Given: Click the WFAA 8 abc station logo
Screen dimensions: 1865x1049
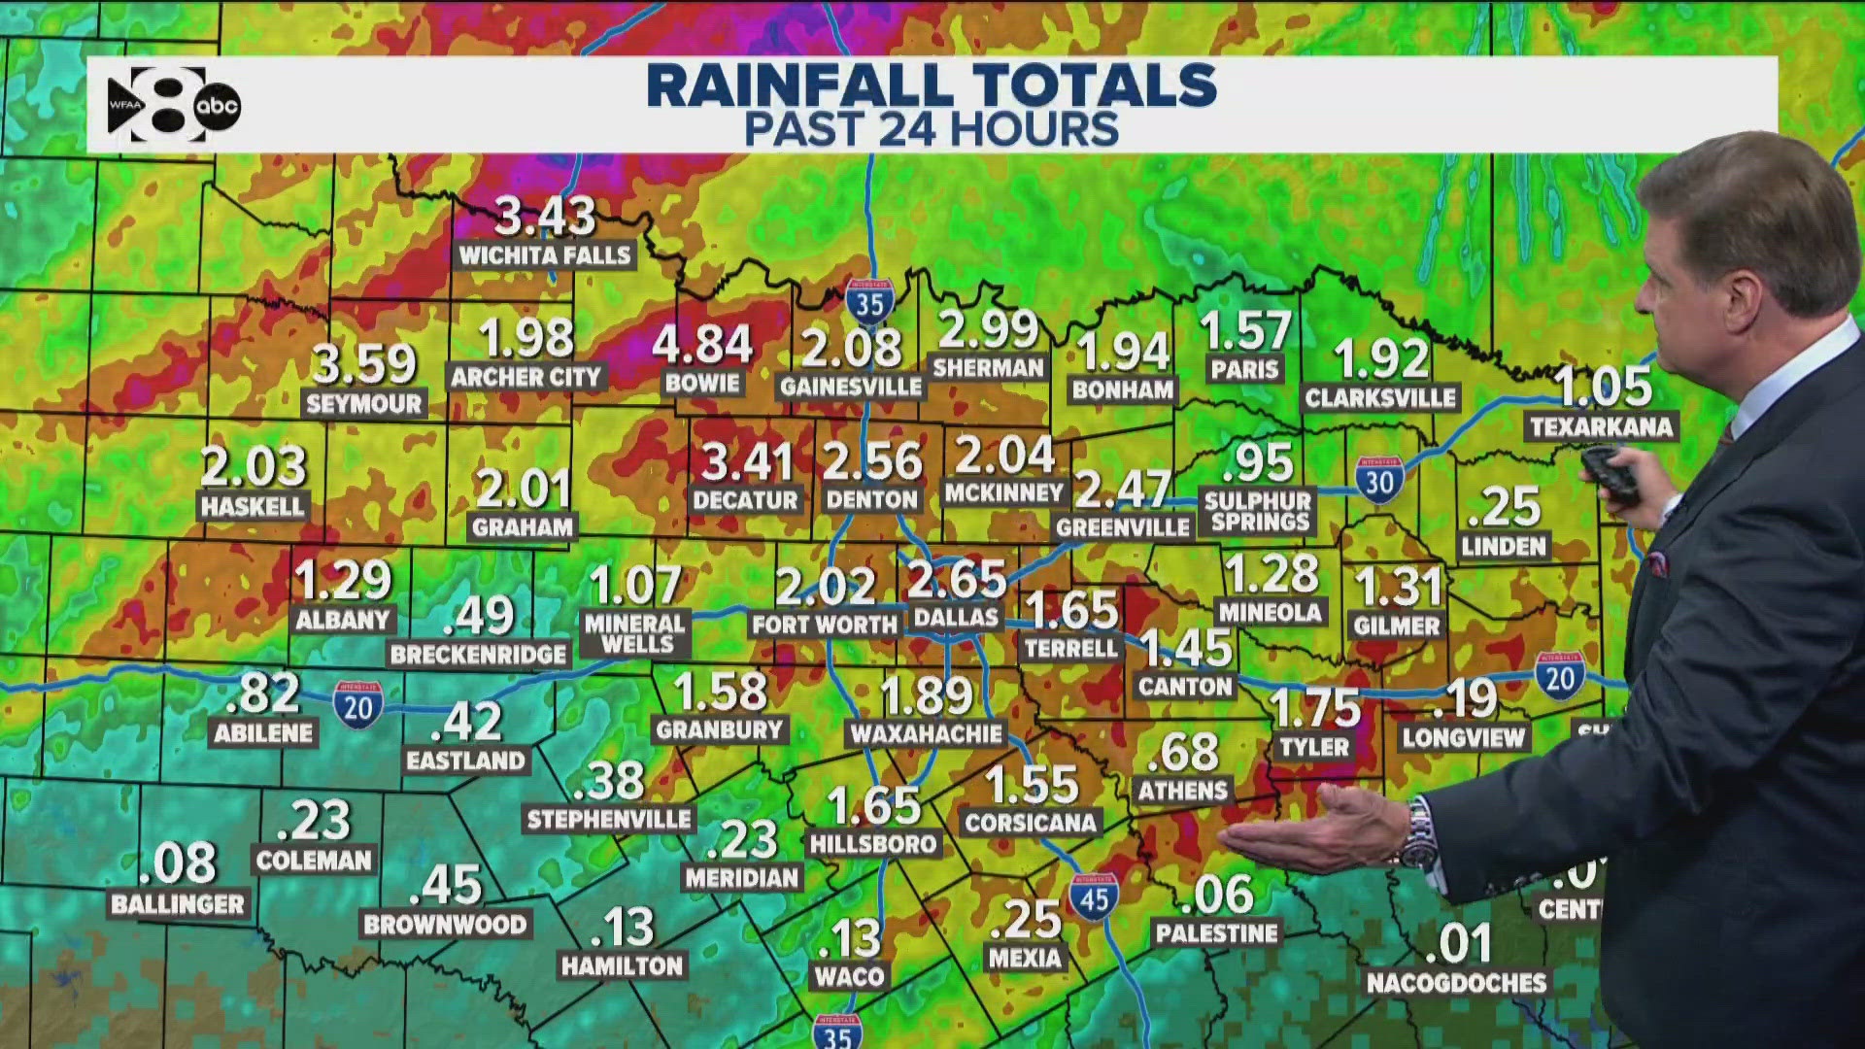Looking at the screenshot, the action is click(x=174, y=105).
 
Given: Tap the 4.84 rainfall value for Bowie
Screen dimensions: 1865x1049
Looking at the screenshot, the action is click(x=701, y=345).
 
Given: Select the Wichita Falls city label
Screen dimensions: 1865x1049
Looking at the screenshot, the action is click(x=545, y=255).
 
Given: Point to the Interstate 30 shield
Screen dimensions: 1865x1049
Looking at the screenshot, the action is click(x=1379, y=480).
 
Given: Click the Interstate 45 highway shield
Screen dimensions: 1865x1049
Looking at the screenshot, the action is click(x=1094, y=897).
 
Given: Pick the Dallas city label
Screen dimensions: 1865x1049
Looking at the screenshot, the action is click(x=956, y=617).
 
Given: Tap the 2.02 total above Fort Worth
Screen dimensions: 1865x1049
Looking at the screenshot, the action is click(x=826, y=587).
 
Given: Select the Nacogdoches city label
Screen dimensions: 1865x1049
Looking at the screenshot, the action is click(x=1456, y=983).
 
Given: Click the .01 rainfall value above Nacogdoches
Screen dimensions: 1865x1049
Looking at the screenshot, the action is click(x=1464, y=942).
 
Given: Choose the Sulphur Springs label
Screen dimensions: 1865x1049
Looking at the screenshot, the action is click(x=1259, y=512).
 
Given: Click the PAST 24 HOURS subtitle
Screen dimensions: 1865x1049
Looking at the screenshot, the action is click(x=932, y=130).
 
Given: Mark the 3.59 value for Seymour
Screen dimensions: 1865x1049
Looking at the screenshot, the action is click(x=364, y=364).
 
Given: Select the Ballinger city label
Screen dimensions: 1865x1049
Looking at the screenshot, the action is click(x=178, y=904).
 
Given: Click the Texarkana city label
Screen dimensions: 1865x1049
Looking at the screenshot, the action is click(x=1601, y=426).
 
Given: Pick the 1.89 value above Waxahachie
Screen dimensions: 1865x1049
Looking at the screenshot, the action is click(x=926, y=695).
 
